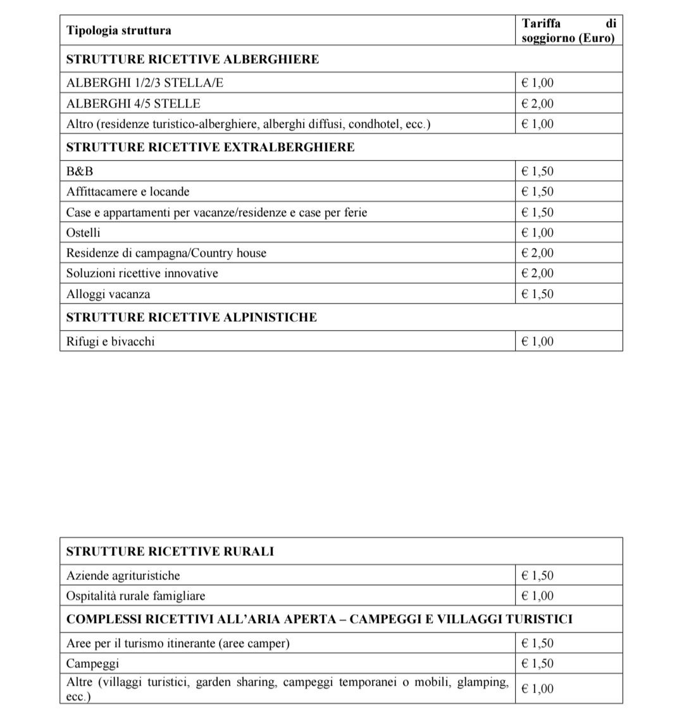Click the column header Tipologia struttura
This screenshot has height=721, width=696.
119,30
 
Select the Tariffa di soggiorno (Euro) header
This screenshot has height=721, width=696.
568,30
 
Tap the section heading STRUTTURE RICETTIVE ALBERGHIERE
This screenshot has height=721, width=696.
192,59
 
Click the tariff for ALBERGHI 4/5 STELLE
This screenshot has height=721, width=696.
537,104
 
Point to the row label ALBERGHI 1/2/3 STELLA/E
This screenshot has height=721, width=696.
145,83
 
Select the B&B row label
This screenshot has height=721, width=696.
80,171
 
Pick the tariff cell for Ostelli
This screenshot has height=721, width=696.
537,233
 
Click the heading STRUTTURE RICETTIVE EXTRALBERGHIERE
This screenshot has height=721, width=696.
210,147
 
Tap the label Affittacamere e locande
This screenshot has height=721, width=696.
128,192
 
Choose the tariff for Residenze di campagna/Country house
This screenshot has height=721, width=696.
537,253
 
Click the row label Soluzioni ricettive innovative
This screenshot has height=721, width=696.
142,273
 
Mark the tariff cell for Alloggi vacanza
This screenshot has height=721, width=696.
537,294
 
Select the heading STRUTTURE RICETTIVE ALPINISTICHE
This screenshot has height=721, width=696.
191,317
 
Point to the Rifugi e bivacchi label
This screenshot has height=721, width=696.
111,342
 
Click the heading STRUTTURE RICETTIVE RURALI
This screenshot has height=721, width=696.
170,552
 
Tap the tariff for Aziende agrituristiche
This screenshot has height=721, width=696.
537,576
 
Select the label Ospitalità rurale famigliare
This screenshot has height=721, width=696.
136,596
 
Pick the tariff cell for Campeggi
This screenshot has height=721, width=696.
537,663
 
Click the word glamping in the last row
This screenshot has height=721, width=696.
484,682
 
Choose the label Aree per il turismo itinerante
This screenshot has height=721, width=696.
178,643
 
